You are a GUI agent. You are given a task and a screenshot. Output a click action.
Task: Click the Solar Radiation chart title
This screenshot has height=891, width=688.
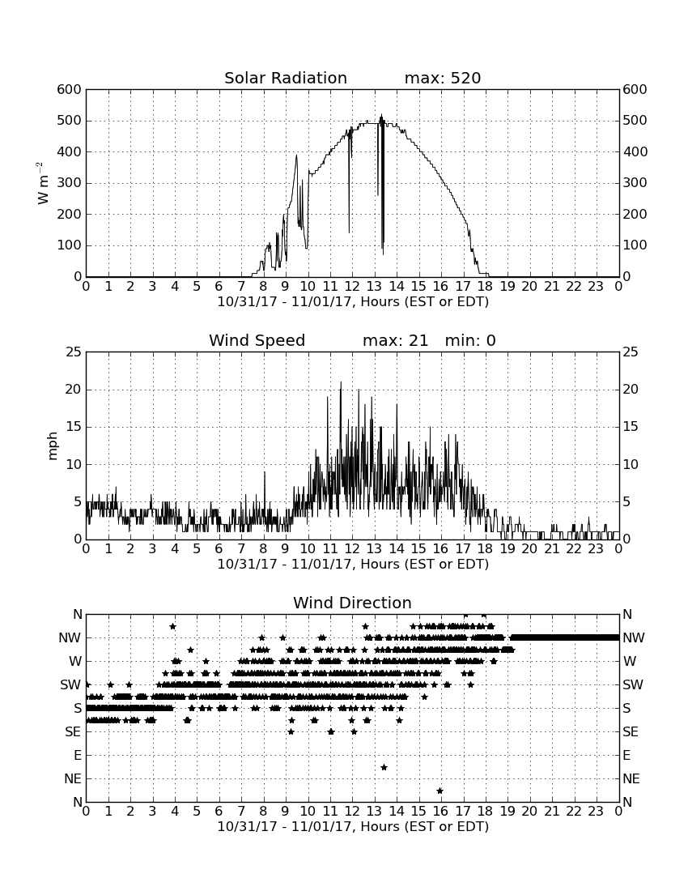286,78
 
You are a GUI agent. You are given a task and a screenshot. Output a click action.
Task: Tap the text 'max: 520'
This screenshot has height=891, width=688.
443,78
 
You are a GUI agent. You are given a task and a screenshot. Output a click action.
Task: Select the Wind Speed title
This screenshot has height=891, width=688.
257,340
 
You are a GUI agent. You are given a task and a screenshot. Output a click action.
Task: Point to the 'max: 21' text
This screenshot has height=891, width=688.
395,340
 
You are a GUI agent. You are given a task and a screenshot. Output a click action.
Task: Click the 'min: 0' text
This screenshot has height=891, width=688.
470,340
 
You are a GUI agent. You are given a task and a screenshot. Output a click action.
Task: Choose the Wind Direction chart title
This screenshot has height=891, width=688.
353,603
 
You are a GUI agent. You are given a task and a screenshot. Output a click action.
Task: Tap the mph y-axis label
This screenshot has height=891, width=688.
53,446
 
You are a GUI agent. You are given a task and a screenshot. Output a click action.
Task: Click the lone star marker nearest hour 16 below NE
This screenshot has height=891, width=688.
440,791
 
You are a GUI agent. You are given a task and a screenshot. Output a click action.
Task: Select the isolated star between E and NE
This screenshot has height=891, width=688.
384,767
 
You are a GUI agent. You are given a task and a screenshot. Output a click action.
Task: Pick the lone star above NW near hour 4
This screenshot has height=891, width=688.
172,626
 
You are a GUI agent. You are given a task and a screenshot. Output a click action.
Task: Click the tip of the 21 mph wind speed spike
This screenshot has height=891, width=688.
341,382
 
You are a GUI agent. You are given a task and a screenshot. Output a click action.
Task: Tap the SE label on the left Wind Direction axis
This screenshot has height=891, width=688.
73,732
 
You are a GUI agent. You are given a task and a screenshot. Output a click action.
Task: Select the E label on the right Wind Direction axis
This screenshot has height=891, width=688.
626,755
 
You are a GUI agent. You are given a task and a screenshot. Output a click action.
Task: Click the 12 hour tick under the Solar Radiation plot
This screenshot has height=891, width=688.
352,286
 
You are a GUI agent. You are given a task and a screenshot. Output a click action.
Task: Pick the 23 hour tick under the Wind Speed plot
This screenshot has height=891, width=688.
596,548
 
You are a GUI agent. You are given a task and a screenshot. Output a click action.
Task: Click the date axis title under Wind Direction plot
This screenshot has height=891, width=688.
353,826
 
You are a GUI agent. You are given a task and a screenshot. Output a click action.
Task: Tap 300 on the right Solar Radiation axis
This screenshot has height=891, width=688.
635,183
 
